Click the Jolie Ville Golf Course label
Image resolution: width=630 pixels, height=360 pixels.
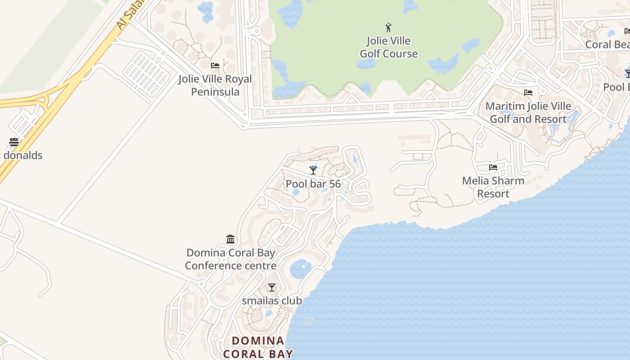(388, 47)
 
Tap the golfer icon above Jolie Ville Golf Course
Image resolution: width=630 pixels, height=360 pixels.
(388, 27)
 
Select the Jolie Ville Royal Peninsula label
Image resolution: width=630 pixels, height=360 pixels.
(215, 85)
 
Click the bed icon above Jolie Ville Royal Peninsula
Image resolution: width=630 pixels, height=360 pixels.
(215, 66)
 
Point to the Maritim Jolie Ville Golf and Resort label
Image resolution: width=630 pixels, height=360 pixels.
(528, 113)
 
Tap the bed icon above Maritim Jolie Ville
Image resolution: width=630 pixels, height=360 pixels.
(528, 93)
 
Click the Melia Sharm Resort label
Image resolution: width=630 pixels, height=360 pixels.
(493, 187)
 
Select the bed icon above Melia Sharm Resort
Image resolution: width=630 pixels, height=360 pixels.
(493, 167)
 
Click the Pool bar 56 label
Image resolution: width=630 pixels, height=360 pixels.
(313, 184)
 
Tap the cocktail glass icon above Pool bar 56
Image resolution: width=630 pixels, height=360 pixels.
(313, 170)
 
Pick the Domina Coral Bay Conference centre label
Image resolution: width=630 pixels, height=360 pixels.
(230, 259)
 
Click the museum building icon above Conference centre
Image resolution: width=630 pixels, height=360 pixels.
(230, 239)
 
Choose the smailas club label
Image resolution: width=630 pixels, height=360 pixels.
(272, 301)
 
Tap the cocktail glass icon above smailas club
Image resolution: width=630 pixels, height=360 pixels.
(272, 287)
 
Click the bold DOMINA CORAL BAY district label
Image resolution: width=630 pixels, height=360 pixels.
(258, 347)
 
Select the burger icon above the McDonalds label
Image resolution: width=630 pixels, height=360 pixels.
(14, 142)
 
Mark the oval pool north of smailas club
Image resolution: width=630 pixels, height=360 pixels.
(301, 269)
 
